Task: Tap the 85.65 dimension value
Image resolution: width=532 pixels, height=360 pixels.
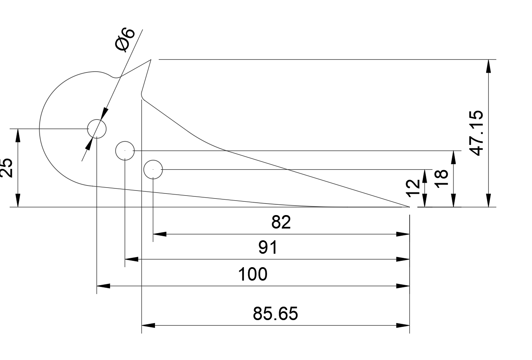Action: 275,313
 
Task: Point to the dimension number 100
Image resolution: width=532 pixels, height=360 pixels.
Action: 253,274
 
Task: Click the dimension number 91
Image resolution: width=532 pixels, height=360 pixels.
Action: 268,248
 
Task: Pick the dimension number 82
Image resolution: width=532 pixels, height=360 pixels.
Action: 281,222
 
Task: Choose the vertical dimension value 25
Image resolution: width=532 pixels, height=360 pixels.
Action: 7,168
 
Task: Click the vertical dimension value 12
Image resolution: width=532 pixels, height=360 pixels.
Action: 413,188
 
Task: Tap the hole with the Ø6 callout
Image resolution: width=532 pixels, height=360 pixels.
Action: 97,128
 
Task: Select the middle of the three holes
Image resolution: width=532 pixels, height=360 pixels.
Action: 125,150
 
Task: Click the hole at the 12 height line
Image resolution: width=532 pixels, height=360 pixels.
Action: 153,169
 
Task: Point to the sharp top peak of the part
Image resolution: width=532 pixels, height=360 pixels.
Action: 150,60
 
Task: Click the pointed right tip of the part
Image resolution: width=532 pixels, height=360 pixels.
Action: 409,207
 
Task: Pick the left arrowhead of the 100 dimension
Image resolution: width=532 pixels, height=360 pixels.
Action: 103,286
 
